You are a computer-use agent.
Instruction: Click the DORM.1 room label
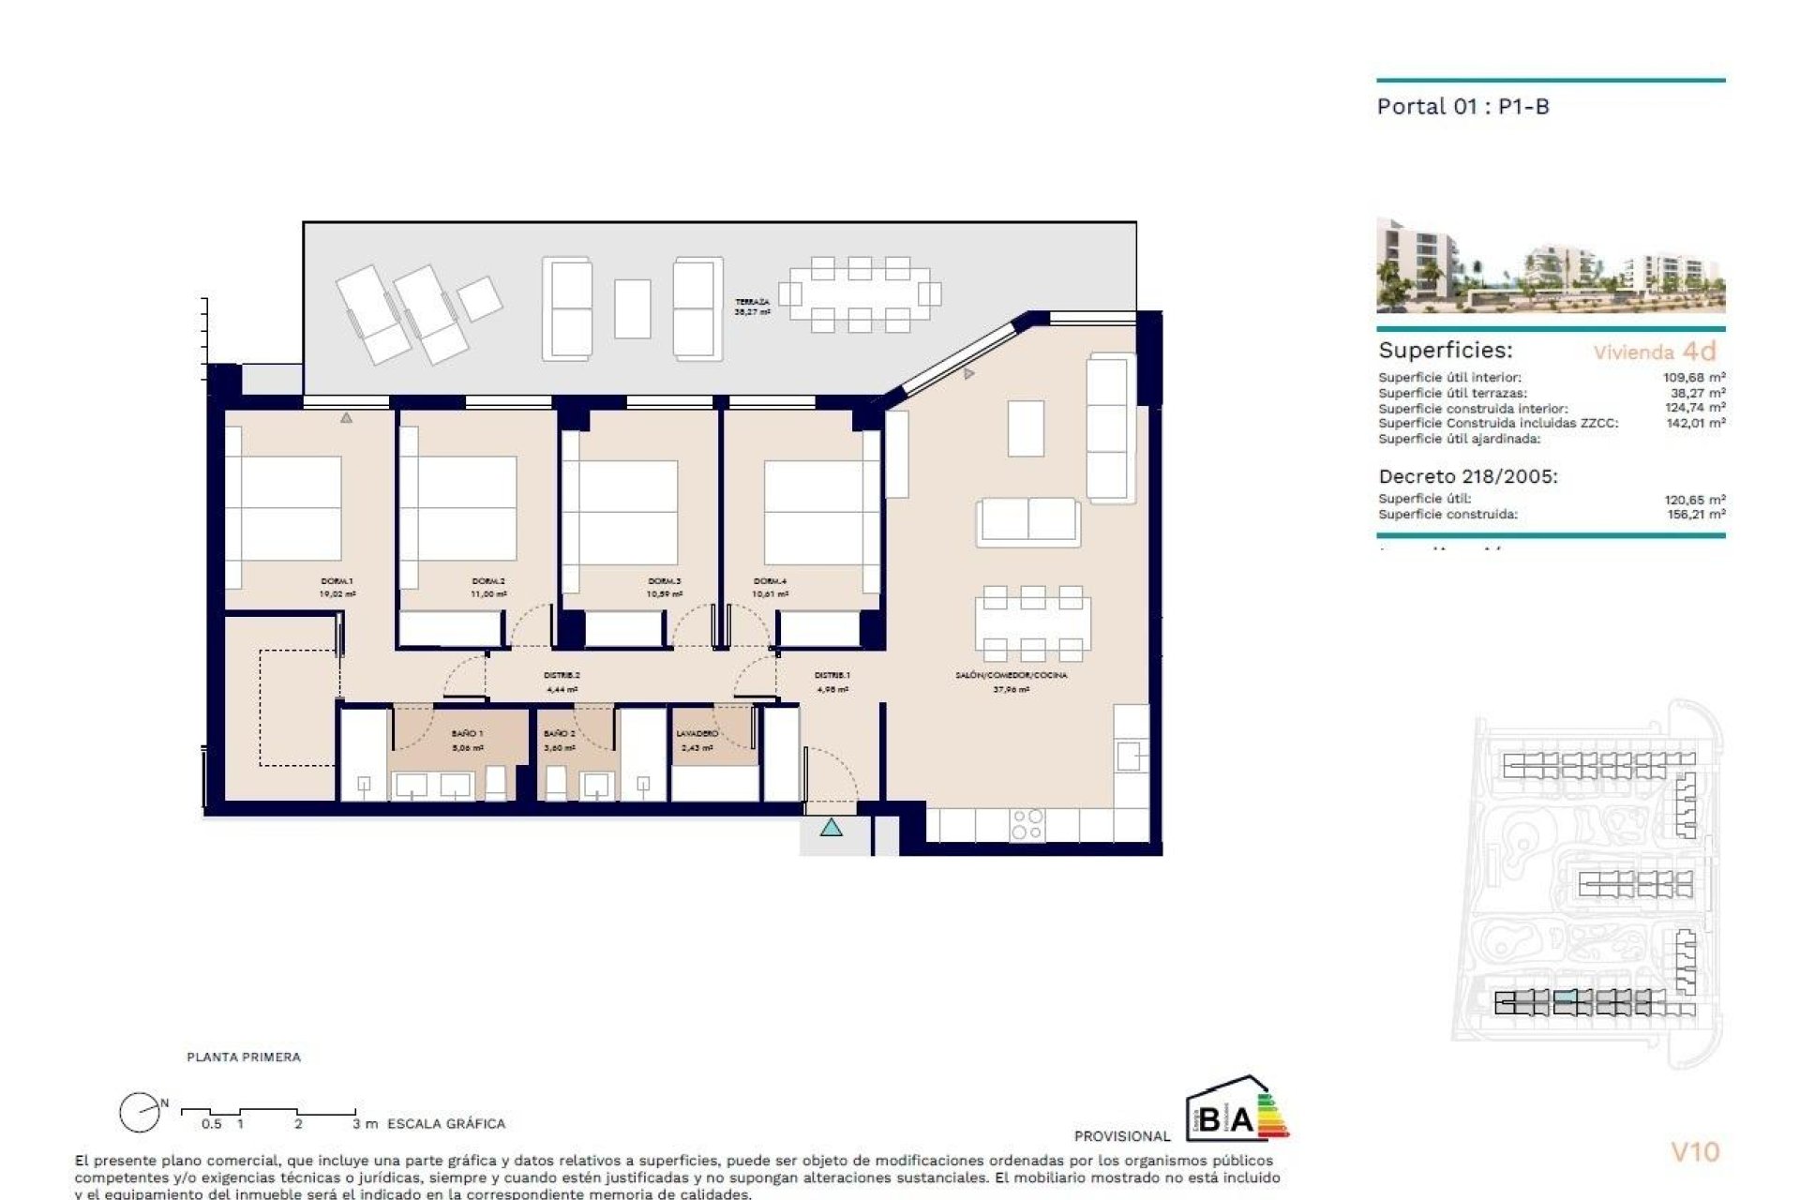[337, 581]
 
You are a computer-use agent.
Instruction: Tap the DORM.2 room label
[489, 581]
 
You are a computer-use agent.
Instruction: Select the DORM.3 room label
[664, 581]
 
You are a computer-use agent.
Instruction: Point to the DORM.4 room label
[771, 581]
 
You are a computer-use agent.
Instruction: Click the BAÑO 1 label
[467, 733]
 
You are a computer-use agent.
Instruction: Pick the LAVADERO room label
[697, 733]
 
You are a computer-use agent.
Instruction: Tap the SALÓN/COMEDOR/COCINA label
[1011, 675]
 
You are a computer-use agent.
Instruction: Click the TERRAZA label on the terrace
[753, 302]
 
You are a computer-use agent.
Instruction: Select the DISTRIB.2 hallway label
[562, 675]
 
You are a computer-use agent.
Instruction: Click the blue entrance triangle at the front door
[832, 828]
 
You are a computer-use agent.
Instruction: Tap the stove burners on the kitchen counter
[1027, 825]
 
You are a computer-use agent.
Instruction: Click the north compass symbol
[141, 1113]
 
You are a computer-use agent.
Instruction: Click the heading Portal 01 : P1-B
[1462, 107]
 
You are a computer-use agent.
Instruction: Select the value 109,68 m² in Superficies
[1694, 378]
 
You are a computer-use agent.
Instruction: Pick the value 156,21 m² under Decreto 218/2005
[1694, 515]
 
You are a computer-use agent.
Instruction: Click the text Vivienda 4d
[1655, 352]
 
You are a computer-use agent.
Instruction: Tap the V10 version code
[1695, 1151]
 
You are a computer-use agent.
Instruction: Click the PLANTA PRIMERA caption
[244, 1057]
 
